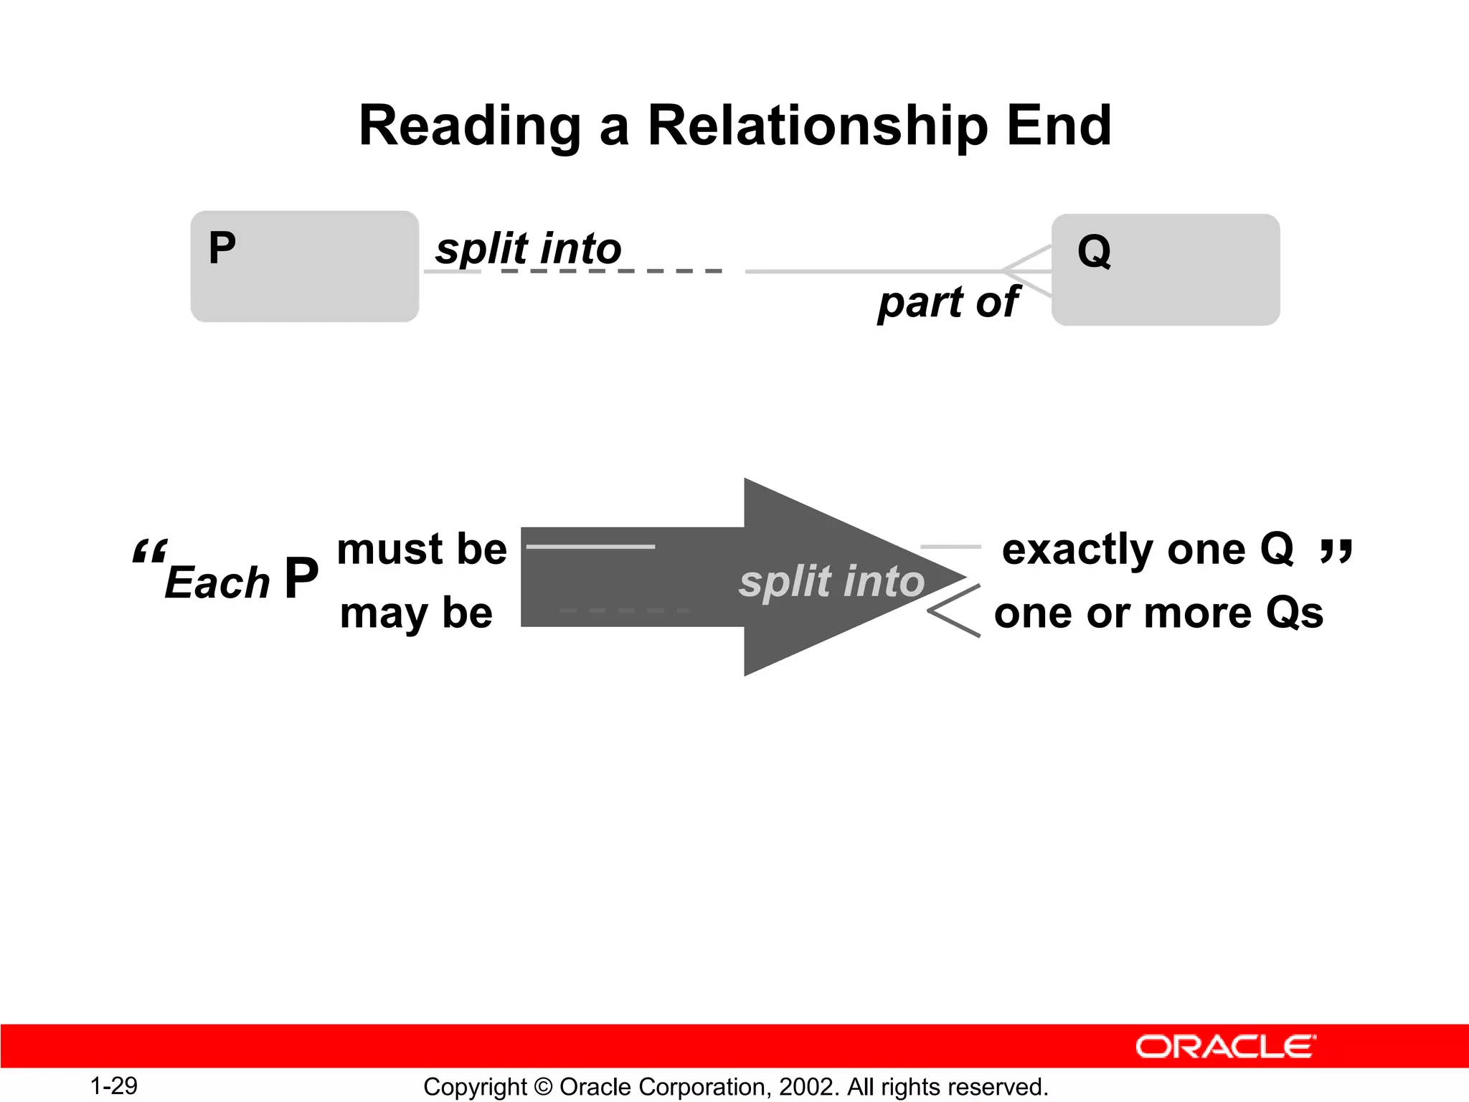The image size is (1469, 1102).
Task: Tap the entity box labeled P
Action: (304, 266)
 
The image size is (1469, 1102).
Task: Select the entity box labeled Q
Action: (1165, 270)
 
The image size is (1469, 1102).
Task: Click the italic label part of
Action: (947, 302)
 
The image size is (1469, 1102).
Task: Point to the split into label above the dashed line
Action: (528, 249)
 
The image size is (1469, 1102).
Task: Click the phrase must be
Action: (422, 550)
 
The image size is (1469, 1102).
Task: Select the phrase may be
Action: (416, 613)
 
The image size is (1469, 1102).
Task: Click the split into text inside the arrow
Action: (832, 580)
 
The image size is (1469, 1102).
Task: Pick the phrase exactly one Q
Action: (1148, 550)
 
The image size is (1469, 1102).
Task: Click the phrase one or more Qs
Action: (1158, 613)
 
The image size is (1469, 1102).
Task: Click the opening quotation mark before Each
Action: (149, 552)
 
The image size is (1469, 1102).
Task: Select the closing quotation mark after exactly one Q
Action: (1336, 551)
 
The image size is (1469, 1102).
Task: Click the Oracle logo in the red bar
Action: (1225, 1047)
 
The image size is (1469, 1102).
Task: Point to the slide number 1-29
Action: (113, 1085)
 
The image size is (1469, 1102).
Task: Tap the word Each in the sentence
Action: (217, 582)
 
